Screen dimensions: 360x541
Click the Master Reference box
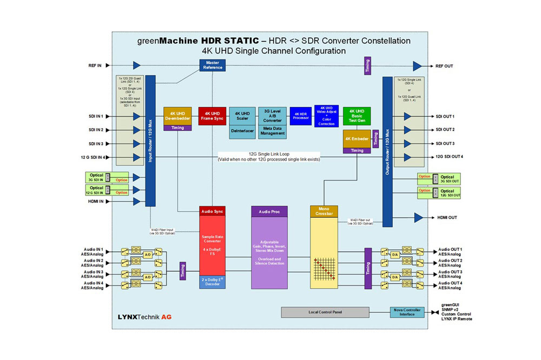tap(213, 65)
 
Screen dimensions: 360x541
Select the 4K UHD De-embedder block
tap(177, 115)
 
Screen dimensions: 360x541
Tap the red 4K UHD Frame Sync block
tap(212, 115)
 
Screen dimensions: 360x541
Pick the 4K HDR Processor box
tap(301, 116)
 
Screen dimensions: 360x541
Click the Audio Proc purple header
tap(269, 211)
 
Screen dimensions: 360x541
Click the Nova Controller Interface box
tap(407, 312)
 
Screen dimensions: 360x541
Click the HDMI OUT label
tap(447, 217)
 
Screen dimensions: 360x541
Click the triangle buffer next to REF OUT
tap(418, 66)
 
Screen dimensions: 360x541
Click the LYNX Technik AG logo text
tap(144, 316)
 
